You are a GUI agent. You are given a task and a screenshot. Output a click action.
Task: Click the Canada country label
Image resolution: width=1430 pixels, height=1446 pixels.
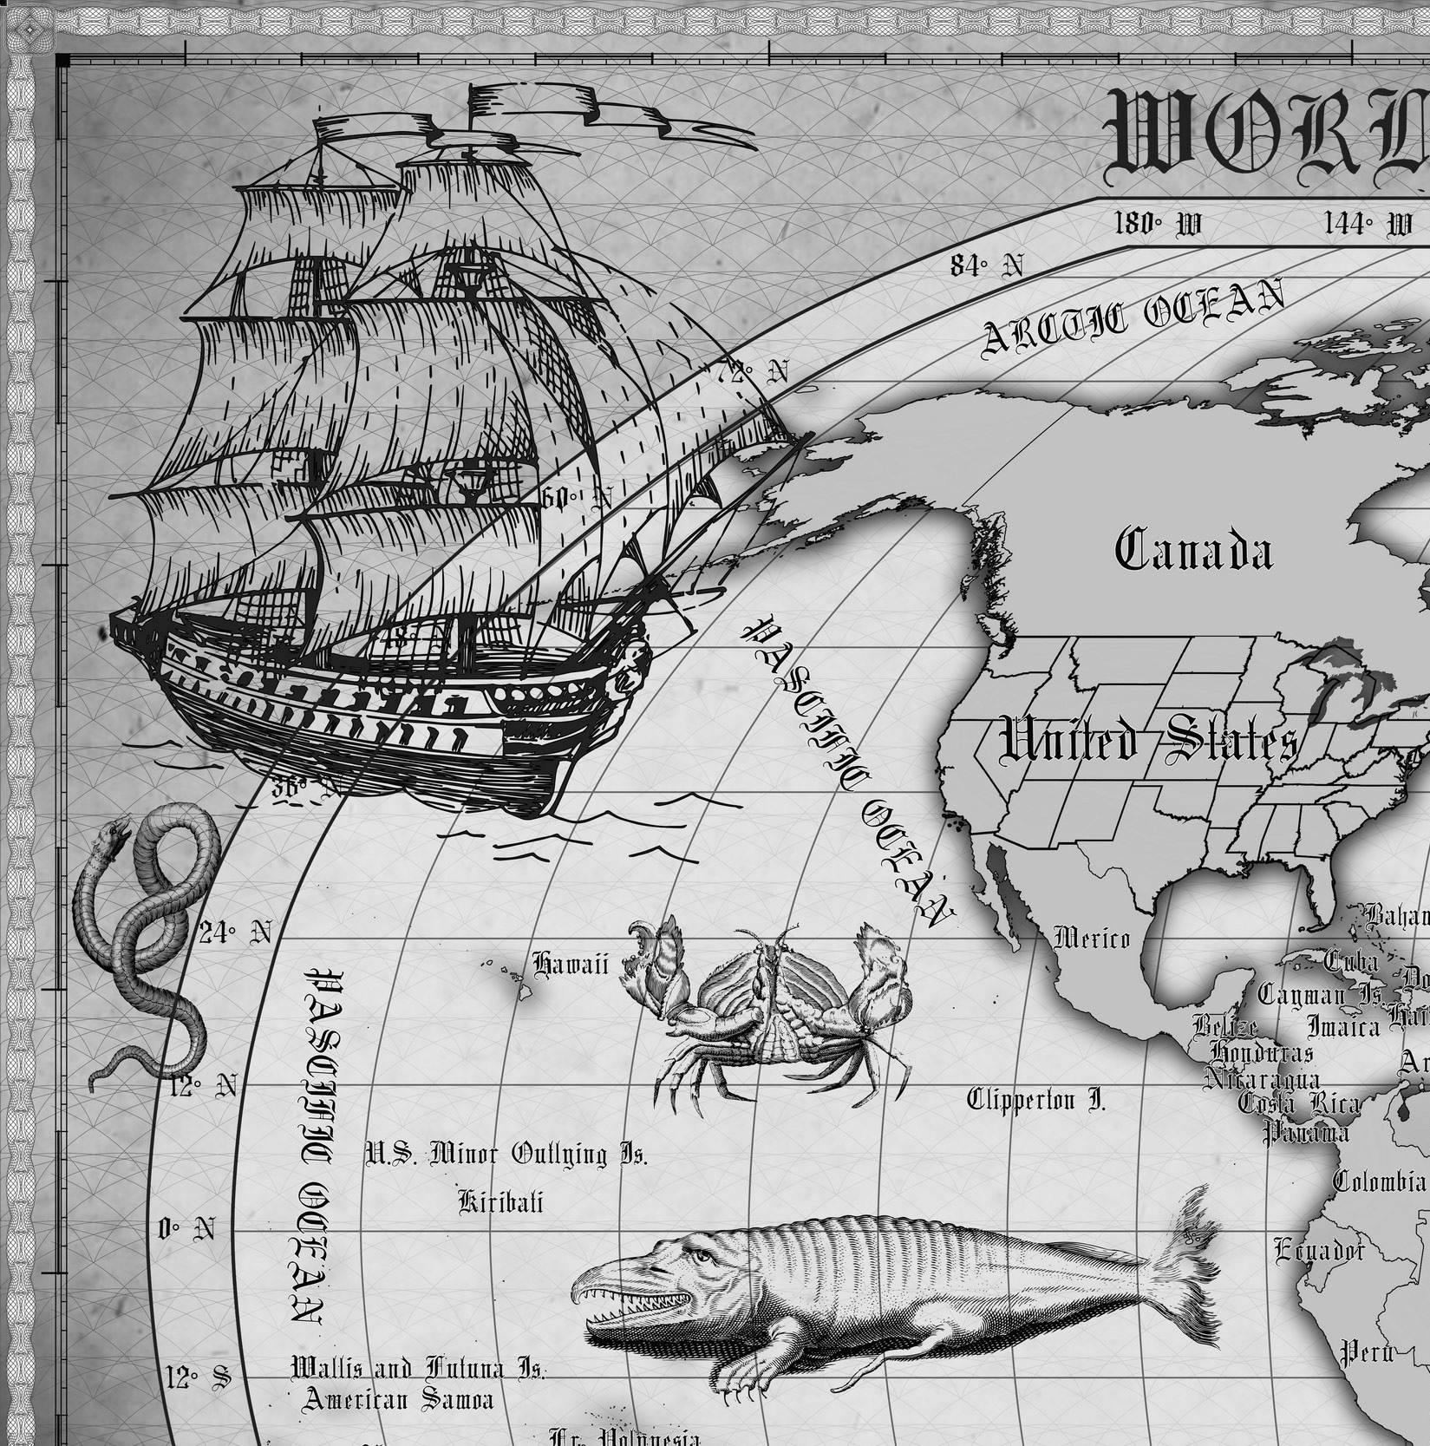1193,552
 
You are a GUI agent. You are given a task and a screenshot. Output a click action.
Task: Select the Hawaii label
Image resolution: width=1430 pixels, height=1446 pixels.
570,964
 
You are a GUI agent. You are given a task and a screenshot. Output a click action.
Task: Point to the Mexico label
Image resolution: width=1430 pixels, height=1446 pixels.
1092,938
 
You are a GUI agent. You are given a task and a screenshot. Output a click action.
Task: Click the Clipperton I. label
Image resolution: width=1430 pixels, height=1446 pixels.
1036,1100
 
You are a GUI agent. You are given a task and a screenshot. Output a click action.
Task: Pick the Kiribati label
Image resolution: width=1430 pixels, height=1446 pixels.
500,1201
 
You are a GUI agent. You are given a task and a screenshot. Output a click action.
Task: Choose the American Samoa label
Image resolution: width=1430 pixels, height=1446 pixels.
398,1398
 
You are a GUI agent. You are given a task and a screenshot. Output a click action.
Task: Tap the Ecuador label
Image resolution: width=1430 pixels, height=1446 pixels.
1319,1250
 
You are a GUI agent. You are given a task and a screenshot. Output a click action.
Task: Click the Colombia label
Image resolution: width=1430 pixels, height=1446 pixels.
1379,1181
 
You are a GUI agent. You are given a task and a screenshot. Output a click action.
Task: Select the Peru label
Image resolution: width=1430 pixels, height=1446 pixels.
1367,1351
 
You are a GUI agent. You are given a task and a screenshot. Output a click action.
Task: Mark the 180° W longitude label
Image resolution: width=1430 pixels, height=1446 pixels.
1158,224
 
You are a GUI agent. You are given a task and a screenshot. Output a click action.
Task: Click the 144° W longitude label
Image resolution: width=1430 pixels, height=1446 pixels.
1368,224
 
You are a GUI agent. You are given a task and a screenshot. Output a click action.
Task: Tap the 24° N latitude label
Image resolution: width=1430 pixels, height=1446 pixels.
235,933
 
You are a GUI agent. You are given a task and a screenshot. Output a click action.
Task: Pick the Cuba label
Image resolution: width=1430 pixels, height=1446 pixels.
1350,961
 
